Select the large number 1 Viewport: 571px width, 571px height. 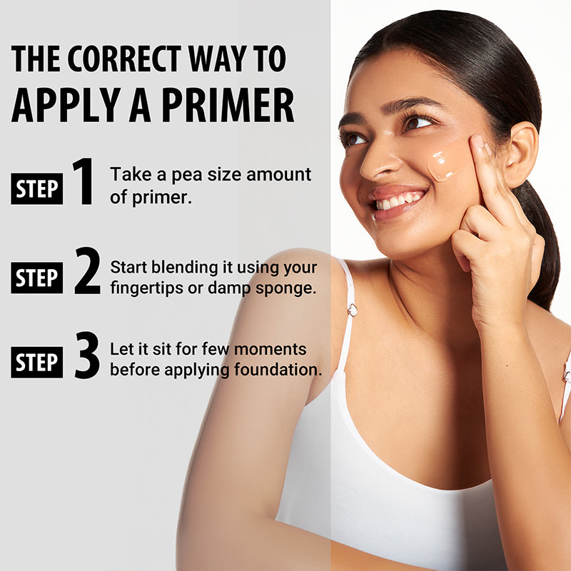point(84,182)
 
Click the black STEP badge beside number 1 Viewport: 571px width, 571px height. point(37,190)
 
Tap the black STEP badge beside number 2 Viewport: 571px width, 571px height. point(37,278)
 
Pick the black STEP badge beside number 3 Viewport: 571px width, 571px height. point(37,363)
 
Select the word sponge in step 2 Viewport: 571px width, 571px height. point(290,289)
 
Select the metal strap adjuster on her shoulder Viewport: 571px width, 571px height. point(352,310)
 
